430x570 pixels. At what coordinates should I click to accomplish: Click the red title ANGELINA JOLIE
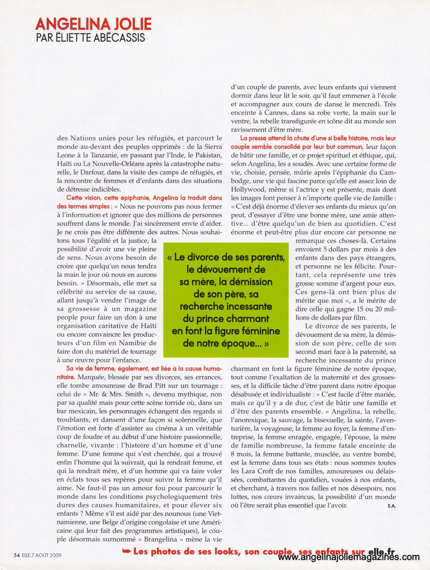pos(94,24)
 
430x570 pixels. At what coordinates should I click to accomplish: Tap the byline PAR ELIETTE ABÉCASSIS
pos(90,38)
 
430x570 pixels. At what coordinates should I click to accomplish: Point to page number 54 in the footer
pos(17,554)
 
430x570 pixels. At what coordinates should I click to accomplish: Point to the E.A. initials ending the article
pos(391,505)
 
